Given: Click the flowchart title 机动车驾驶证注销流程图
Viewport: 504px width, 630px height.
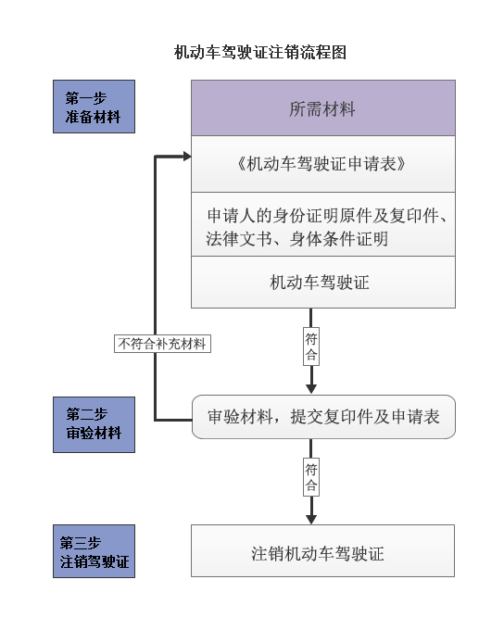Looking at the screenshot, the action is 260,52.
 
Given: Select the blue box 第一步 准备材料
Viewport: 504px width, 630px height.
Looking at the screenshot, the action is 94,107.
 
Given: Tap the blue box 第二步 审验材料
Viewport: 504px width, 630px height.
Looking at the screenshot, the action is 94,424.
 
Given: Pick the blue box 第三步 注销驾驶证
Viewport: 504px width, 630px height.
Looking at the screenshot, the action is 94,551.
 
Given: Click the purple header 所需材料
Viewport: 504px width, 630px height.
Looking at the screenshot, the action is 323,108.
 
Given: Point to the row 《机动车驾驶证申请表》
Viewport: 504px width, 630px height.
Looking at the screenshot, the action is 323,164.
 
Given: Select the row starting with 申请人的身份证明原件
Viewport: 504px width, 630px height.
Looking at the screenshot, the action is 323,224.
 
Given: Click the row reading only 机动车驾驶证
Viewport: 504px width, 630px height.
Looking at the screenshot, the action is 323,282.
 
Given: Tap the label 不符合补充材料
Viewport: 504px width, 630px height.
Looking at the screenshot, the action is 162,344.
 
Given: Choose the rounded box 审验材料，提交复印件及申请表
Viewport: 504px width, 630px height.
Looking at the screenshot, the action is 323,417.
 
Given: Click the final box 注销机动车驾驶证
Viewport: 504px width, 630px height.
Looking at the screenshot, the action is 322,550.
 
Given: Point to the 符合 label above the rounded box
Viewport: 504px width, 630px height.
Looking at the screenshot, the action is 311,346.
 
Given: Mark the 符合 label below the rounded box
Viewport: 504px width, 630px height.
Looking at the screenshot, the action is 311,477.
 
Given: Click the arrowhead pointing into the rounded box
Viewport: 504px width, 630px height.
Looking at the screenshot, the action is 311,389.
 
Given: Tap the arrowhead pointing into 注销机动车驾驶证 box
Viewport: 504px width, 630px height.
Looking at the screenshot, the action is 311,519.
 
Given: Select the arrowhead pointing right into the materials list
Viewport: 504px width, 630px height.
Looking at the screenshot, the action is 187,156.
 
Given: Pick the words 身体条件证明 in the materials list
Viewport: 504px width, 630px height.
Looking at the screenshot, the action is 339,239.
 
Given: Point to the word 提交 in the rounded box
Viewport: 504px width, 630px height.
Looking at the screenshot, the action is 307,417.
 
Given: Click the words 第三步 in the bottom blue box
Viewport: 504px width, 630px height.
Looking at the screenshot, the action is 81,543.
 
